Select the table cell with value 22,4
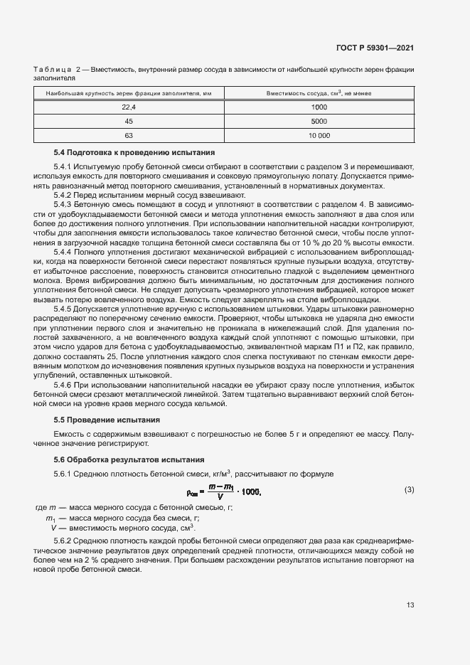129,107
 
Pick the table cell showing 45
129,121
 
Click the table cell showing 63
129,135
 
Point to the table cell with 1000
319,107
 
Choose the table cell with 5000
319,121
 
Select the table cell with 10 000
319,135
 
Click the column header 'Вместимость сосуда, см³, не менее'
319,93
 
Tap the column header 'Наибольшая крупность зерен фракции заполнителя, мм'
129,93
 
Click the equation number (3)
409,489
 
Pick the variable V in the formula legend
53,528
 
